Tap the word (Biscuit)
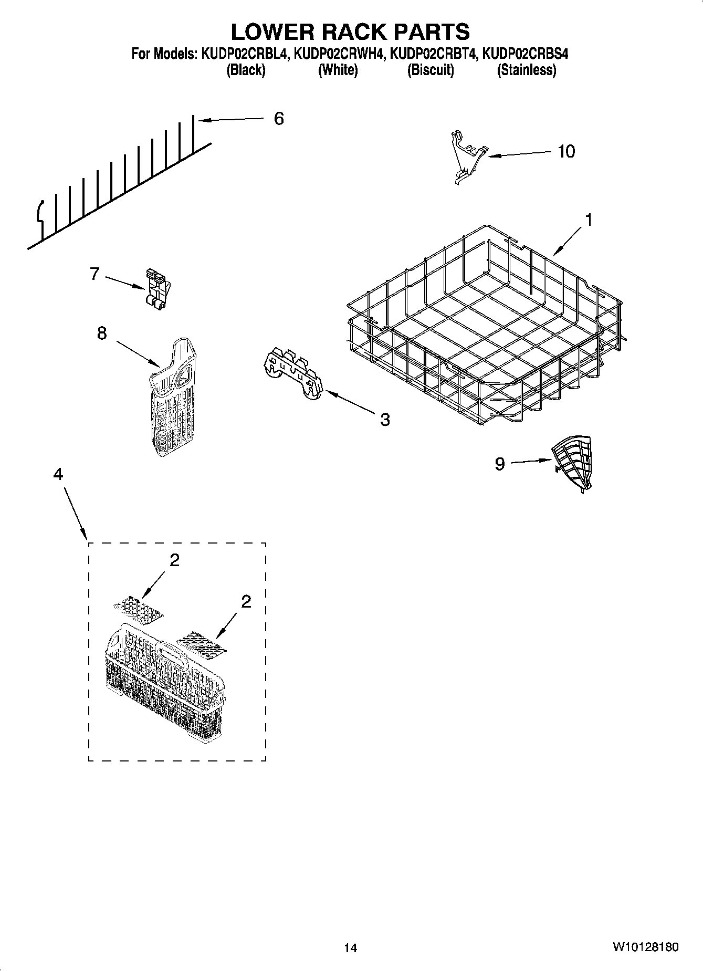tap(430, 70)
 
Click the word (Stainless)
tap(526, 70)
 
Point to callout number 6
tap(279, 119)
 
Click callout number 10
tap(566, 151)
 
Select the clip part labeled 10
tap(467, 156)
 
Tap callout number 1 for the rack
tap(589, 220)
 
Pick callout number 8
tap(102, 332)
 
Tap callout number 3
tap(385, 419)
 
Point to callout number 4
tap(58, 474)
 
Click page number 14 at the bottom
tap(350, 948)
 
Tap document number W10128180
tap(644, 947)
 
